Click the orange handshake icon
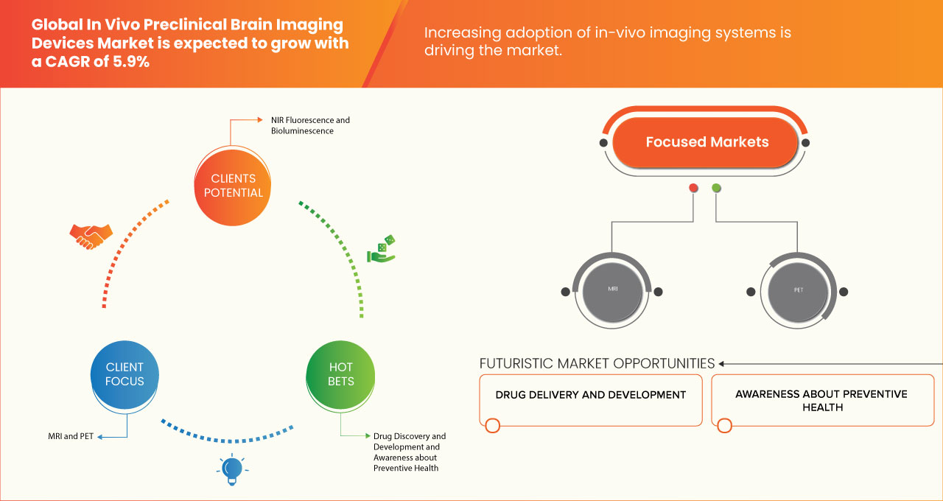[x=91, y=236]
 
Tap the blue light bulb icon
[x=232, y=469]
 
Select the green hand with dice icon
[x=382, y=250]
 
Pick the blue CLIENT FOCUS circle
[x=125, y=374]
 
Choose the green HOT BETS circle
[x=340, y=374]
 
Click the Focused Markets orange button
[x=707, y=142]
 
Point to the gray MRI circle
[x=612, y=291]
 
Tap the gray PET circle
[x=798, y=291]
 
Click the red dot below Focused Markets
[x=693, y=189]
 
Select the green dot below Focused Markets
[x=716, y=189]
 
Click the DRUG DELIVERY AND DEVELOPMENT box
[x=590, y=400]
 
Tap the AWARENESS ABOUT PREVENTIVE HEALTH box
[x=821, y=400]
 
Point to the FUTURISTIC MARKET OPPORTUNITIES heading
[x=597, y=363]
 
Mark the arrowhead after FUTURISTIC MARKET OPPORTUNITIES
[x=722, y=363]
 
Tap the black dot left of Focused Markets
[x=604, y=142]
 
